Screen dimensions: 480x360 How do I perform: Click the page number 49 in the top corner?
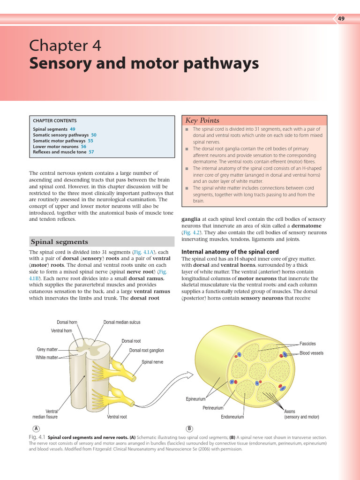pyautogui.click(x=341, y=19)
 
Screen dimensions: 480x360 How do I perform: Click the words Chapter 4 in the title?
pyautogui.click(x=65, y=46)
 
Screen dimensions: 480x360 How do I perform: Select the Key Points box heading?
pyautogui.click(x=202, y=120)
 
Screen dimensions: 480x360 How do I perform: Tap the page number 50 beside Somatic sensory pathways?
pyautogui.click(x=94, y=135)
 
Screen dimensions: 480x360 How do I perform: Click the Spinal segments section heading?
pyautogui.click(x=59, y=242)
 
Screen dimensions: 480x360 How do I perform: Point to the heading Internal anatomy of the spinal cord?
pyautogui.click(x=230, y=252)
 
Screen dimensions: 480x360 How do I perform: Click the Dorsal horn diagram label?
pyautogui.click(x=67, y=322)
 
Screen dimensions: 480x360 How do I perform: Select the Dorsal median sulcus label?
pyautogui.click(x=121, y=322)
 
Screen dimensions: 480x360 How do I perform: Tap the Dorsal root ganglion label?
pyautogui.click(x=146, y=351)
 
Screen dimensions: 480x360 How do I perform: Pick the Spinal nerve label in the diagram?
pyautogui.click(x=152, y=362)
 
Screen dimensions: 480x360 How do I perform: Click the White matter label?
pyautogui.click(x=46, y=358)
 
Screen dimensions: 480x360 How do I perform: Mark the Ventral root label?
pyautogui.click(x=117, y=417)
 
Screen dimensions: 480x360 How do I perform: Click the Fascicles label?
pyautogui.click(x=307, y=344)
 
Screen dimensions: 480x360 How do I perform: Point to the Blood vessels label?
pyautogui.click(x=311, y=353)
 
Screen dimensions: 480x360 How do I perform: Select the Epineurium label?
pyautogui.click(x=195, y=399)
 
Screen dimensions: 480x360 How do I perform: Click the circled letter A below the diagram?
pyautogui.click(x=36, y=428)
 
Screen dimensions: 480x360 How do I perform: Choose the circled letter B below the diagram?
pyautogui.click(x=189, y=428)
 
